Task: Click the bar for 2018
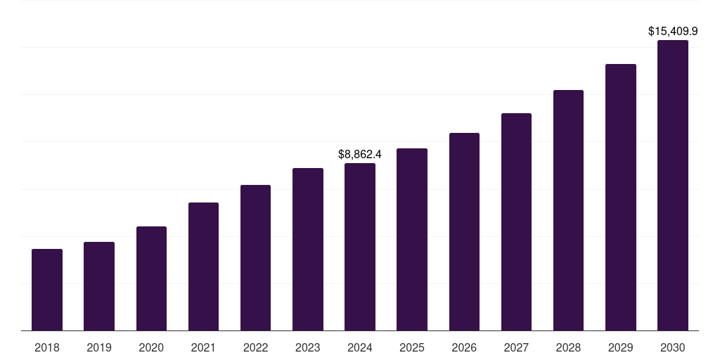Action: click(47, 290)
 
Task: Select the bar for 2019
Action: click(99, 286)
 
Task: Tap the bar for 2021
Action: click(203, 266)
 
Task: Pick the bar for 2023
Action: click(308, 249)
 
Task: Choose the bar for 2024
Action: click(360, 247)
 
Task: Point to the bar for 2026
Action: click(464, 231)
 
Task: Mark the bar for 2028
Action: click(568, 210)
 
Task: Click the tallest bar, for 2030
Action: click(673, 185)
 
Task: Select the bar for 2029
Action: click(621, 197)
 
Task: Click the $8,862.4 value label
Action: click(360, 154)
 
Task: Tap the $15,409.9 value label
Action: click(673, 31)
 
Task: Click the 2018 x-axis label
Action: click(47, 347)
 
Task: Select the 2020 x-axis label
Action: click(151, 347)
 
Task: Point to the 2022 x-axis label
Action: click(255, 347)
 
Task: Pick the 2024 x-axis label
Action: click(360, 347)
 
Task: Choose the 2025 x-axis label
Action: click(412, 347)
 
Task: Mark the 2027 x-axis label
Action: click(516, 347)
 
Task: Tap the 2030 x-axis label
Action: click(673, 347)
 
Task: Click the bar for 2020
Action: click(151, 278)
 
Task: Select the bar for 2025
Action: click(412, 239)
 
